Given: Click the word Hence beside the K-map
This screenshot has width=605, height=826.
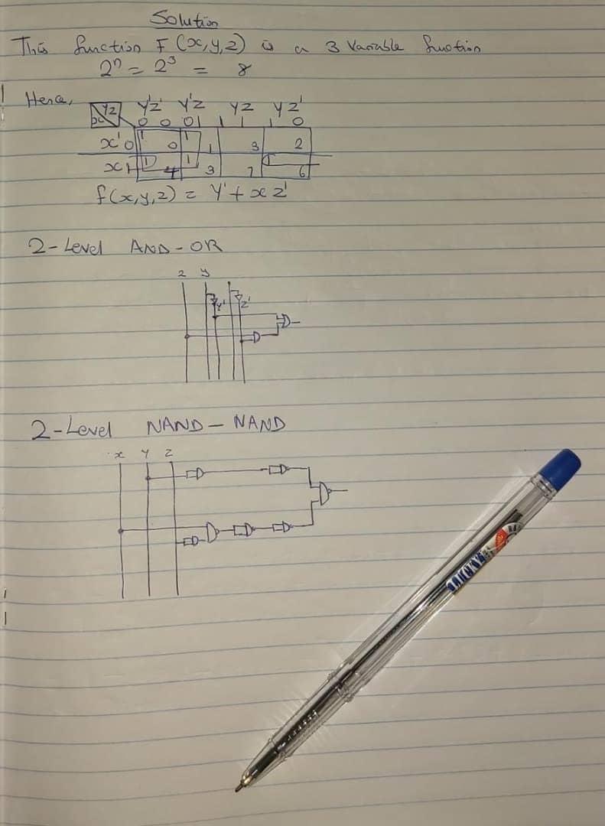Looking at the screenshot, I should (x=43, y=99).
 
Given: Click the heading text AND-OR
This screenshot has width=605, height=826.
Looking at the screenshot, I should (x=176, y=247).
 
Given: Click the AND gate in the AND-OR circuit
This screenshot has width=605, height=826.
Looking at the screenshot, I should (x=257, y=337).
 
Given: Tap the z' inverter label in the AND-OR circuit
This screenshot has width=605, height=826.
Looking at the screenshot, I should (x=243, y=302).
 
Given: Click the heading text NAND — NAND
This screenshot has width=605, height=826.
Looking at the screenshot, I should (x=216, y=423).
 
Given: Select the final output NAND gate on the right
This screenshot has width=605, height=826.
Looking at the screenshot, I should (x=326, y=493).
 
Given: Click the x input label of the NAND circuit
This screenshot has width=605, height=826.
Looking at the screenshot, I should (x=119, y=456).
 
